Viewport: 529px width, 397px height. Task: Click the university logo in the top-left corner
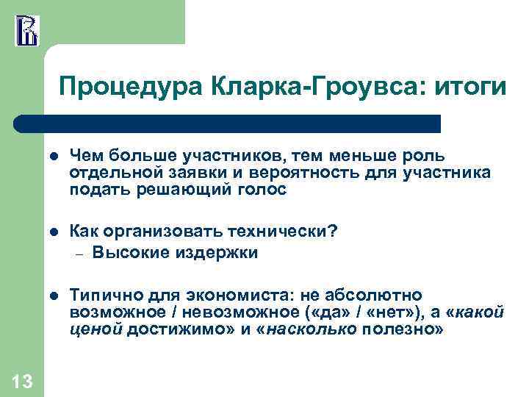(x=26, y=30)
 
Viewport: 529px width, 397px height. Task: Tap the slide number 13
(x=22, y=381)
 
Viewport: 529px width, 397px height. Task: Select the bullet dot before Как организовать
(x=53, y=233)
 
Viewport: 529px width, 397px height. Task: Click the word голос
(x=263, y=189)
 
